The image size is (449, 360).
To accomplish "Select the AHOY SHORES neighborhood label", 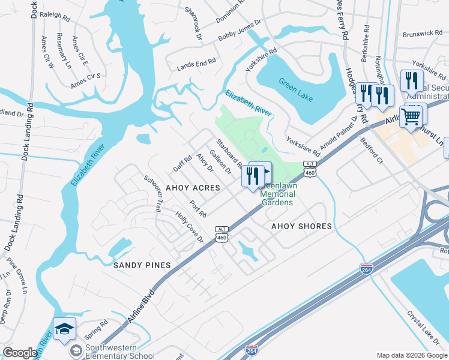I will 301,226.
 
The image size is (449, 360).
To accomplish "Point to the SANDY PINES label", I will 142,265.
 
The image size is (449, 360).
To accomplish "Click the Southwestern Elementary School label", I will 112,351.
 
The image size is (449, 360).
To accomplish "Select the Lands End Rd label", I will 196,65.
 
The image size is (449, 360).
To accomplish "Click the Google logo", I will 20,353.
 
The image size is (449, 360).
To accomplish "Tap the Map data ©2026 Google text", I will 411,355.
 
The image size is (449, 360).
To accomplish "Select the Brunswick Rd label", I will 423,34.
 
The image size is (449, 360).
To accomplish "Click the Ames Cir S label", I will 85,80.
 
